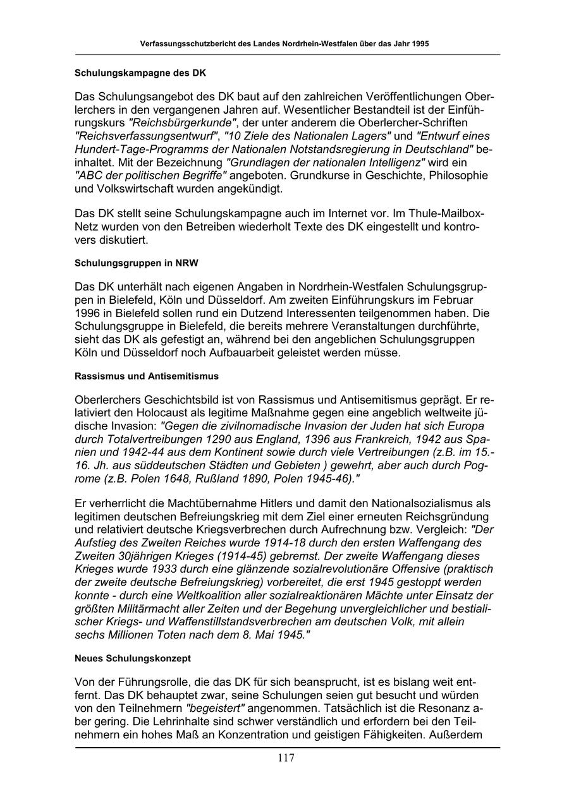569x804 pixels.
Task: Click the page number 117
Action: pos(285,759)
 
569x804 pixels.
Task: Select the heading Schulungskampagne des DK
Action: pos(140,73)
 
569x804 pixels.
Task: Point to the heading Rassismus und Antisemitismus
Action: pos(147,376)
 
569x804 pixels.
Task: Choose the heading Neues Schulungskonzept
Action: pos(133,658)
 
